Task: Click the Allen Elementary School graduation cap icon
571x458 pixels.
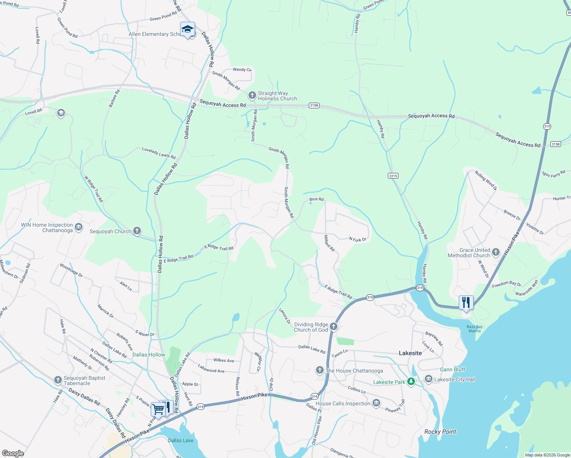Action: click(187, 29)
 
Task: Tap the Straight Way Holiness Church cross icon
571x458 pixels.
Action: click(252, 95)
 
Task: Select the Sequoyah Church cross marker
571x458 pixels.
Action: click(137, 231)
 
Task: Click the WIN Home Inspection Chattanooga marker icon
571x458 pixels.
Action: click(79, 227)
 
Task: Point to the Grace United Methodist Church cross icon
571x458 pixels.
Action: click(496, 252)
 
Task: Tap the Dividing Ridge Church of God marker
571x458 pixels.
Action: click(334, 326)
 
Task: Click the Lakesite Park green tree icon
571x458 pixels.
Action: click(411, 381)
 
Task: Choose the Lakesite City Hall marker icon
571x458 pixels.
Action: click(428, 379)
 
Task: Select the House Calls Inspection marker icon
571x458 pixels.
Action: click(376, 403)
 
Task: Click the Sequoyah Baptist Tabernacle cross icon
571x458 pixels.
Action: click(58, 380)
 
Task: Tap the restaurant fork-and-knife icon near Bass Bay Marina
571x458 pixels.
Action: click(466, 302)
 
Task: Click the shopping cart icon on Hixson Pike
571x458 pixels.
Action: click(158, 409)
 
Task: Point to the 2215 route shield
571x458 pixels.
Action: click(393, 176)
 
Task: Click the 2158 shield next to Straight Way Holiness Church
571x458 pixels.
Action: click(314, 105)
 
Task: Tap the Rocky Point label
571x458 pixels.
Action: click(440, 432)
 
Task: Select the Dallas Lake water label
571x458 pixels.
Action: click(181, 440)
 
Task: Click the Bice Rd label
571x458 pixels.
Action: click(316, 199)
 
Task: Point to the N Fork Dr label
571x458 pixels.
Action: click(358, 240)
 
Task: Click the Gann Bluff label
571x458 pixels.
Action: click(452, 369)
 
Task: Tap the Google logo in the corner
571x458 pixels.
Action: click(13, 453)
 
